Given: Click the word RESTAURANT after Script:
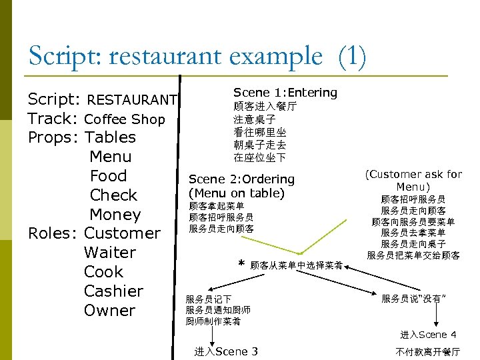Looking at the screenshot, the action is click(132, 100).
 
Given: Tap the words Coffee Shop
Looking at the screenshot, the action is click(125, 119).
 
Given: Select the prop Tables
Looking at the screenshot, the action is click(111, 138).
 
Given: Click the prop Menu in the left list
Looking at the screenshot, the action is click(110, 157).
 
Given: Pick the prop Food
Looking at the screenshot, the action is click(108, 176).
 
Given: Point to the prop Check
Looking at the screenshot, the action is click(113, 195).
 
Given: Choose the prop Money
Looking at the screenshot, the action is click(115, 215).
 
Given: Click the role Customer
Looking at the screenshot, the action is click(123, 233).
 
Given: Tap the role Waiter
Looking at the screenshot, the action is click(109, 253).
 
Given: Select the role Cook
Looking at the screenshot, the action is click(103, 272).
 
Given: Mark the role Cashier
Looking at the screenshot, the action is click(113, 291).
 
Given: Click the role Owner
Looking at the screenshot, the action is click(109, 311).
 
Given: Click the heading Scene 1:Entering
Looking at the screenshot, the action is click(285, 93).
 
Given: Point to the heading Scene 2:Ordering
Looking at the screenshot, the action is click(241, 179).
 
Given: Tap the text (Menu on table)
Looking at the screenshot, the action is click(237, 193).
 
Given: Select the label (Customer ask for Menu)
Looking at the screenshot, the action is click(413, 180).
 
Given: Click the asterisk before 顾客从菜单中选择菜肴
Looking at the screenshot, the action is click(241, 264).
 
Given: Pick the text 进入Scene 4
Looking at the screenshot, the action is click(428, 335).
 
